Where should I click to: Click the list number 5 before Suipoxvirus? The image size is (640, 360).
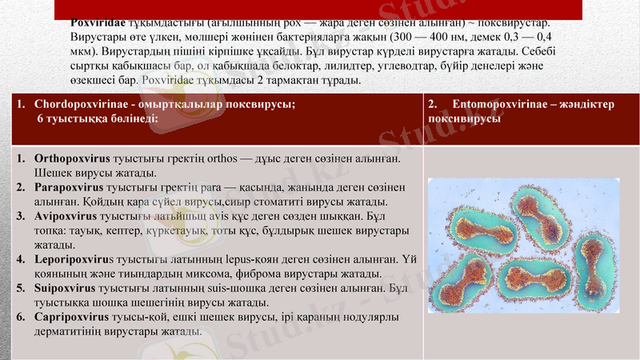pyautogui.click(x=21, y=288)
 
